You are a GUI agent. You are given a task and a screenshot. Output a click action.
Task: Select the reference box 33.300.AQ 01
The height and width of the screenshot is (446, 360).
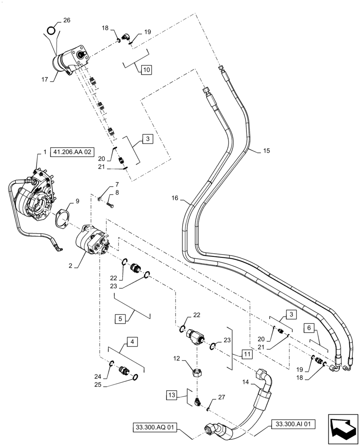pyautogui.click(x=154, y=427)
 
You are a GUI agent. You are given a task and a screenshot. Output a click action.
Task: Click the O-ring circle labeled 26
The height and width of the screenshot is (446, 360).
pyautogui.click(x=52, y=30)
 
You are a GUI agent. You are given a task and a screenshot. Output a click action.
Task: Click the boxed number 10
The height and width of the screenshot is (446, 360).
pyautogui.click(x=147, y=70)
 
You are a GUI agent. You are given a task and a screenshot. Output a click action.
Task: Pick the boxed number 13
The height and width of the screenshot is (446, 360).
pyautogui.click(x=172, y=395)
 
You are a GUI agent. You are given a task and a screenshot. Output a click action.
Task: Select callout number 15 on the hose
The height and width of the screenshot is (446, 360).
pyautogui.click(x=266, y=151)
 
